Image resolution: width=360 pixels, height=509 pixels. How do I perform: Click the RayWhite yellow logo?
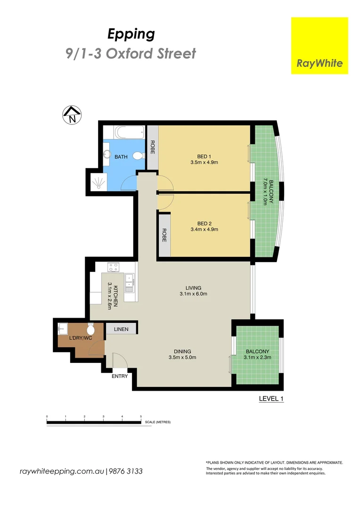(319, 46)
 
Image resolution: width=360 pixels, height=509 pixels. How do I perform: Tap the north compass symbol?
(72, 115)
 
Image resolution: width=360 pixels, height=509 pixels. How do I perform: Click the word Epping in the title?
(131, 34)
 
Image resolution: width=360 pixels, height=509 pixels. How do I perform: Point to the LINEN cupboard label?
(121, 328)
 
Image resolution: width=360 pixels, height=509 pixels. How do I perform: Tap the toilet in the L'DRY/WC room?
(91, 327)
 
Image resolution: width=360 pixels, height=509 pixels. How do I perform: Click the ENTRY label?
(120, 376)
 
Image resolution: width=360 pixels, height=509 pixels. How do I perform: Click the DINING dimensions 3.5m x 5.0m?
(182, 358)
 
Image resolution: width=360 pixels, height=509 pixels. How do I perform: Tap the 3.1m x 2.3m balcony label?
(257, 358)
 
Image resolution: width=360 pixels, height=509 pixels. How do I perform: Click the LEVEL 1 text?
(270, 399)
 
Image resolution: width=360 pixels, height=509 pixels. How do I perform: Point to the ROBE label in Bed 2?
(164, 235)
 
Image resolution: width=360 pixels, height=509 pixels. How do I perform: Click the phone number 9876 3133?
(126, 471)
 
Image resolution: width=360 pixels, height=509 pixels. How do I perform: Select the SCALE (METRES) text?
(158, 422)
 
